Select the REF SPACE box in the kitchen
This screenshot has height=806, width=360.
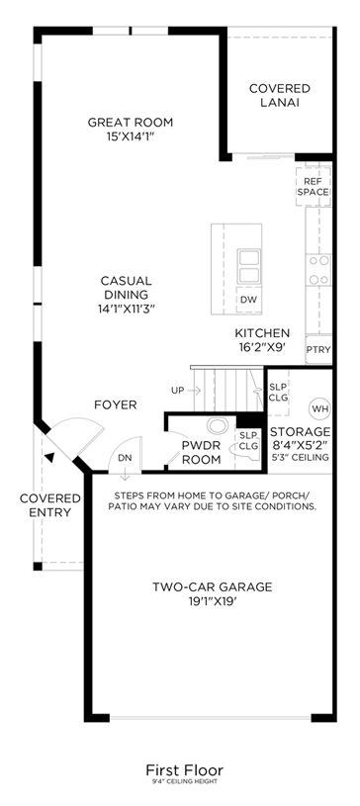314,187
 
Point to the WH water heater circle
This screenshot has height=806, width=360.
319,409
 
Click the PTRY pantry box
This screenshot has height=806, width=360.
318,349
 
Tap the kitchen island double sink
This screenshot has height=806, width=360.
249,266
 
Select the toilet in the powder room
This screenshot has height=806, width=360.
218,425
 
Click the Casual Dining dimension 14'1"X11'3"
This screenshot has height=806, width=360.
126,309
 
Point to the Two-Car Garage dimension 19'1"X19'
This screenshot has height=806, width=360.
212,600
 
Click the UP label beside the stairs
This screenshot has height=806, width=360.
177,391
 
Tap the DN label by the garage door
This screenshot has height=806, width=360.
125,457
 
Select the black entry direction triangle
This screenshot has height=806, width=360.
48,457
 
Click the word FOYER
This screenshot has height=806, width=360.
116,405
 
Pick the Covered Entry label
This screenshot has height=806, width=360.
50,505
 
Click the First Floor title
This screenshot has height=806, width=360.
185,770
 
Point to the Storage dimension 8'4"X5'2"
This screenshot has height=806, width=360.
300,445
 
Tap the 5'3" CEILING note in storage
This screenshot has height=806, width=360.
301,458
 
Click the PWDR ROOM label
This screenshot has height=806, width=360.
201,452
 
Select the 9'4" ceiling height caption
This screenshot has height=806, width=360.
185,782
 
